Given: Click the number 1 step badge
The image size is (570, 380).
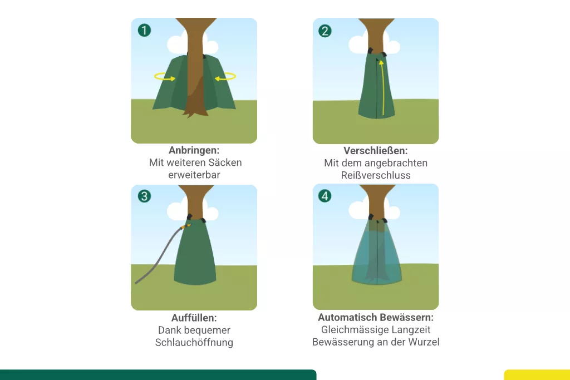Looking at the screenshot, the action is click(144, 30).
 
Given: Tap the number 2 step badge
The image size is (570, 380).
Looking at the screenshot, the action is click(325, 31).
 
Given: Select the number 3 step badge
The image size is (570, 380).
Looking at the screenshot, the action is click(144, 196).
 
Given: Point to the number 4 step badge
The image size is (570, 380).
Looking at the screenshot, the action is click(325, 196).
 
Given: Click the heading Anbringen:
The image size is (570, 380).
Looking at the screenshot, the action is click(194, 150).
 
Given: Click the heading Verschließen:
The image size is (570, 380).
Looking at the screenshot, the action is click(376, 150).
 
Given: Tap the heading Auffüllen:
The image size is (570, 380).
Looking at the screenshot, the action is click(194, 318).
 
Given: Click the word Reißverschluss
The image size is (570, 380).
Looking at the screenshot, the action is click(376, 175).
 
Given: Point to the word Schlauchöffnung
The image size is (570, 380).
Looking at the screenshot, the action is click(194, 342).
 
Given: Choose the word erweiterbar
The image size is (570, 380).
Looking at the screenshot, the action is click(194, 175).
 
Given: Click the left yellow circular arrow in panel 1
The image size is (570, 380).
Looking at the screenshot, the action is click(165, 77).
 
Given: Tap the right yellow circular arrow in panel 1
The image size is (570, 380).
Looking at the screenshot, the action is click(225, 77).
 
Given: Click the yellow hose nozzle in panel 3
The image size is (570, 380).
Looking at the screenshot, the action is click(186, 226).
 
